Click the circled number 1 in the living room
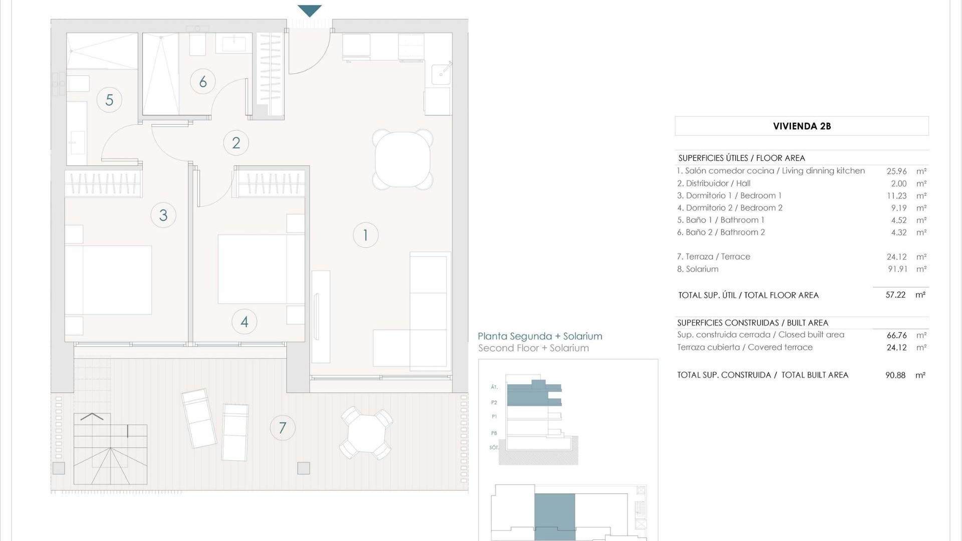point(365,235)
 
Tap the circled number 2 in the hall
point(236,143)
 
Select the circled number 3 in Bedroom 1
point(163,215)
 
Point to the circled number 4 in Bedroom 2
point(245,322)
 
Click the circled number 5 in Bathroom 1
point(109,100)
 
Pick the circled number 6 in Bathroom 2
point(203,81)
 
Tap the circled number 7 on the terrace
point(283,428)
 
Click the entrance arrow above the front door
point(310,11)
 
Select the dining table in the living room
point(402,159)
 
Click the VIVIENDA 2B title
point(802,126)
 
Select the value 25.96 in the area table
point(896,171)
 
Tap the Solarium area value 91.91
point(897,269)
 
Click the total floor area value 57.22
point(895,295)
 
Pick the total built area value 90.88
point(895,375)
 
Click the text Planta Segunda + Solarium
point(540,336)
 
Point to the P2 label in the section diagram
point(494,402)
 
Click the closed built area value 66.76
point(896,335)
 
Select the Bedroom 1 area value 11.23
point(896,196)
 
